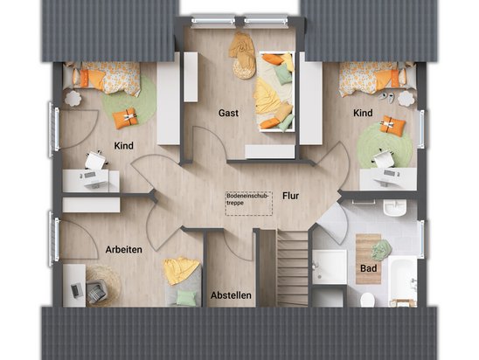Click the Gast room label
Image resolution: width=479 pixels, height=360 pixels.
coord(228,113)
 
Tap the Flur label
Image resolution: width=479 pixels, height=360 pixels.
coord(290,196)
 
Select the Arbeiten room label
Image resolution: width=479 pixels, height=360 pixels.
coord(124,250)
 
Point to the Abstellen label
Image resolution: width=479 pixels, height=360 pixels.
coord(231,295)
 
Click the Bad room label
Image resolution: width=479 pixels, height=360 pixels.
coord(368,268)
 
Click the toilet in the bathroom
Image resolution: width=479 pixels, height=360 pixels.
coord(367,300)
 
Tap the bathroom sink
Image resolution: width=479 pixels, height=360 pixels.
coord(395,208)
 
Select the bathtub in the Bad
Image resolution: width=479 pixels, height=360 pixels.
coord(403,280)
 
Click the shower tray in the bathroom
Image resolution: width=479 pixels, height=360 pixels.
coord(330,267)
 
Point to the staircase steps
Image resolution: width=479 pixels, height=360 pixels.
coord(292,268)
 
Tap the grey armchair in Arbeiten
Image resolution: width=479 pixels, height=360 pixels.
coord(96,291)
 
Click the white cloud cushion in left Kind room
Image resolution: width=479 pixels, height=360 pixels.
coord(73,98)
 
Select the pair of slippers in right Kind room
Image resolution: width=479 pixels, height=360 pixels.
coord(385,96)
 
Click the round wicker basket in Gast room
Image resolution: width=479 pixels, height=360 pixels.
coord(244,69)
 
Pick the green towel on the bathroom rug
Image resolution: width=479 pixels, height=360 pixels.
coord(381,248)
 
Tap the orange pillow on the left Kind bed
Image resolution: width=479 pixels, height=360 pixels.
coord(89,79)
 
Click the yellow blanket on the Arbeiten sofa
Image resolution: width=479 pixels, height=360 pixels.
coord(181,271)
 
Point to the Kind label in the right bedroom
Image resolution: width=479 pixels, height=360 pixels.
coord(363,113)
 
